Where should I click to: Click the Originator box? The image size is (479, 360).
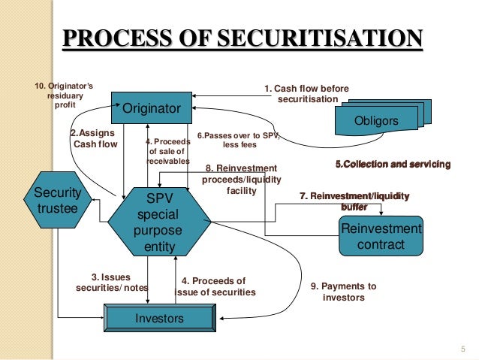click(x=152, y=109)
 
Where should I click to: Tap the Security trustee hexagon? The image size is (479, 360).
click(x=57, y=199)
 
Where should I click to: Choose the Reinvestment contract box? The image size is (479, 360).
click(x=381, y=236)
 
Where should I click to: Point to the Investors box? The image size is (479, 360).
click(x=159, y=319)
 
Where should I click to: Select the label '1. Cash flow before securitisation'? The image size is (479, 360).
click(x=306, y=94)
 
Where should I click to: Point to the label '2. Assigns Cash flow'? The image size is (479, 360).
click(x=95, y=138)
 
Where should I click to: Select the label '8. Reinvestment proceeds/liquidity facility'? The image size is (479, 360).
click(x=240, y=179)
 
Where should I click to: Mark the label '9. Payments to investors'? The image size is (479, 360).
click(x=343, y=292)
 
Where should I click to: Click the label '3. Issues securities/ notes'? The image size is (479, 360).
click(x=112, y=282)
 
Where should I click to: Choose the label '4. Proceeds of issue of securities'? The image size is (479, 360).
click(x=215, y=286)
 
